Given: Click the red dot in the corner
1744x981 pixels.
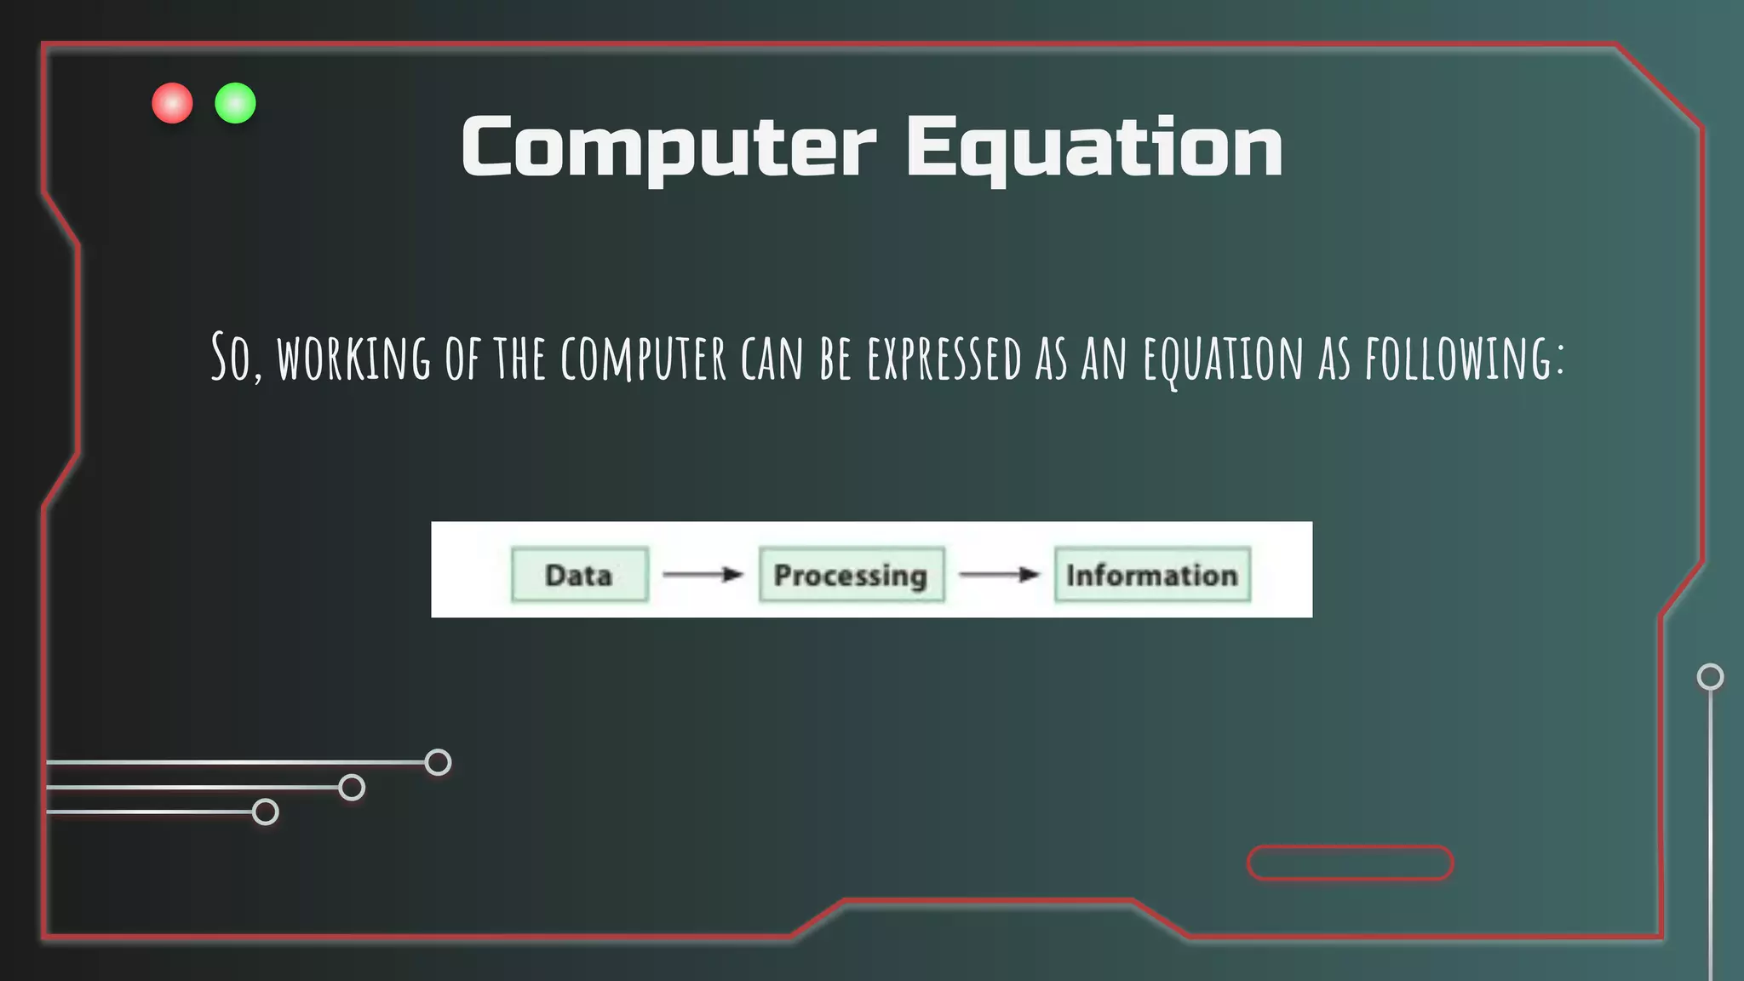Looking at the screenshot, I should (172, 103).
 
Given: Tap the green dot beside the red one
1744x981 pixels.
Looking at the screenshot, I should (235, 103).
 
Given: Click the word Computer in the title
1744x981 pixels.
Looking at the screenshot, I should (668, 146).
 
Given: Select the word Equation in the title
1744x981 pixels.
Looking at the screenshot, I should (1094, 146).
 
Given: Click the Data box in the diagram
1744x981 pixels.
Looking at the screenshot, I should (579, 575).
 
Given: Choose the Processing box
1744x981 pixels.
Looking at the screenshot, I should (851, 575).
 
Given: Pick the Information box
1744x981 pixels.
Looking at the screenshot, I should (1151, 575).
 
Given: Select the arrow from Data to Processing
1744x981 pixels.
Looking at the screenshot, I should (703, 575).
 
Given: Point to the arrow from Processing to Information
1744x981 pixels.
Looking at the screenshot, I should (999, 575).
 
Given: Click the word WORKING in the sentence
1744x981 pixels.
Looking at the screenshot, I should (353, 359).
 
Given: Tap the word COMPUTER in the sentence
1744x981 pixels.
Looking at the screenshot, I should (643, 359).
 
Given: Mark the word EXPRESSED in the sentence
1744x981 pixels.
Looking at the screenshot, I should (944, 359).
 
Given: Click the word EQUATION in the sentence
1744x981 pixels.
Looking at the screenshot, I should (1223, 359).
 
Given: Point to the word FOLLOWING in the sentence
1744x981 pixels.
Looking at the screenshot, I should (1463, 359).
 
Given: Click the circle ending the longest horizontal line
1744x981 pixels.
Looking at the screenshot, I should (438, 762).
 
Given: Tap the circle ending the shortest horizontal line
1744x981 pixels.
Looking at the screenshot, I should (266, 812).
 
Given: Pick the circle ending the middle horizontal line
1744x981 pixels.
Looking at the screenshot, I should (352, 788).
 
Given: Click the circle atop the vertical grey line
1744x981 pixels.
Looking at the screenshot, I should (1710, 677).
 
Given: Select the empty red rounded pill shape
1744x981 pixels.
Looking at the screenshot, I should (1350, 863).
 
